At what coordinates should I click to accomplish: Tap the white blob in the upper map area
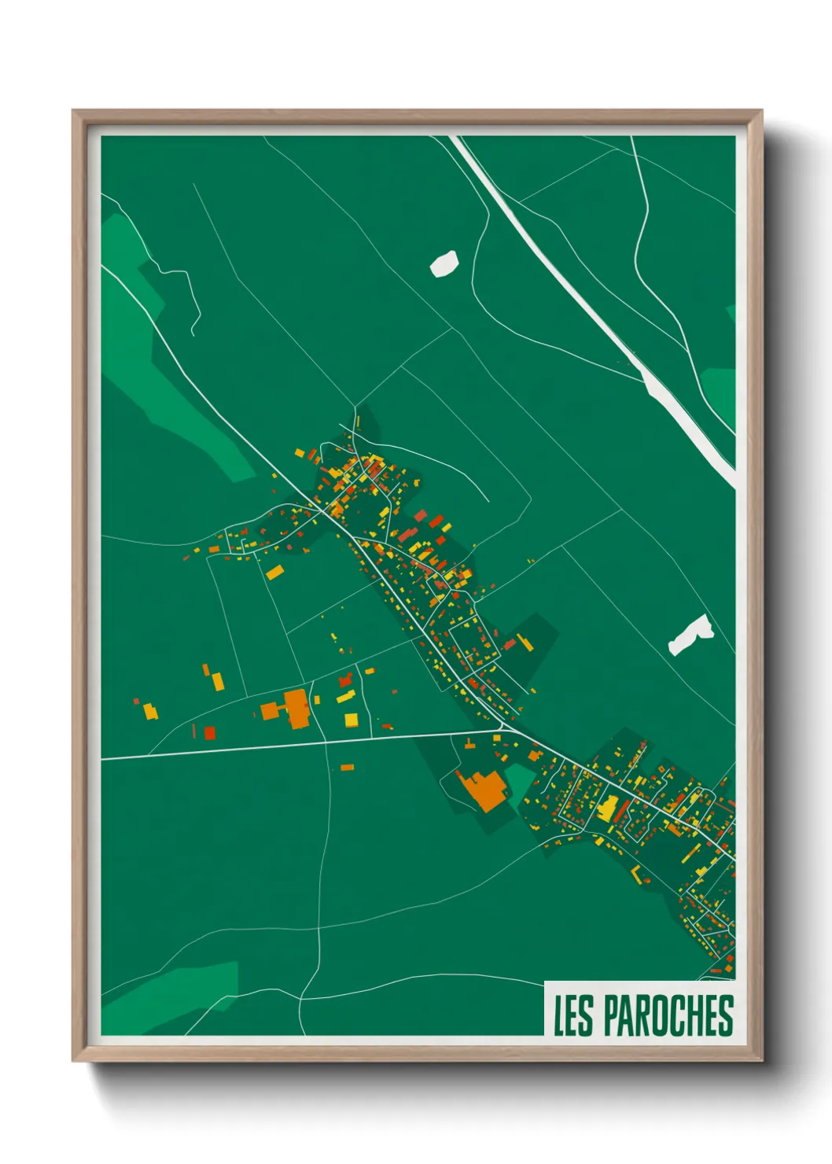(444, 263)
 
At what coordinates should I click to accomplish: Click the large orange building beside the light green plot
(482, 790)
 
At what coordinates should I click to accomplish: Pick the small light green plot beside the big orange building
(518, 779)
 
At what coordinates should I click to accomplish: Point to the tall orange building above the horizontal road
(296, 707)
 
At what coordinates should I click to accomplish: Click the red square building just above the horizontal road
(209, 733)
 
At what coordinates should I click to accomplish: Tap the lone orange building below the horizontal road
(347, 767)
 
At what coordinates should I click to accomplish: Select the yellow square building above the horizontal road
(351, 720)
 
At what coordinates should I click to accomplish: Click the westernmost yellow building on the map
(149, 713)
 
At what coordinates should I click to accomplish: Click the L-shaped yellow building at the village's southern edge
(638, 875)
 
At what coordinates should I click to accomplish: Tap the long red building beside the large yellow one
(622, 809)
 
